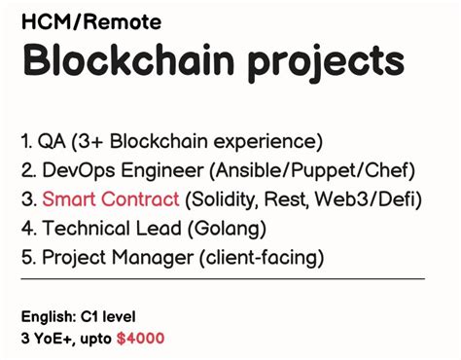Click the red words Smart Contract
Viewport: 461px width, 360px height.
(x=110, y=199)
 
